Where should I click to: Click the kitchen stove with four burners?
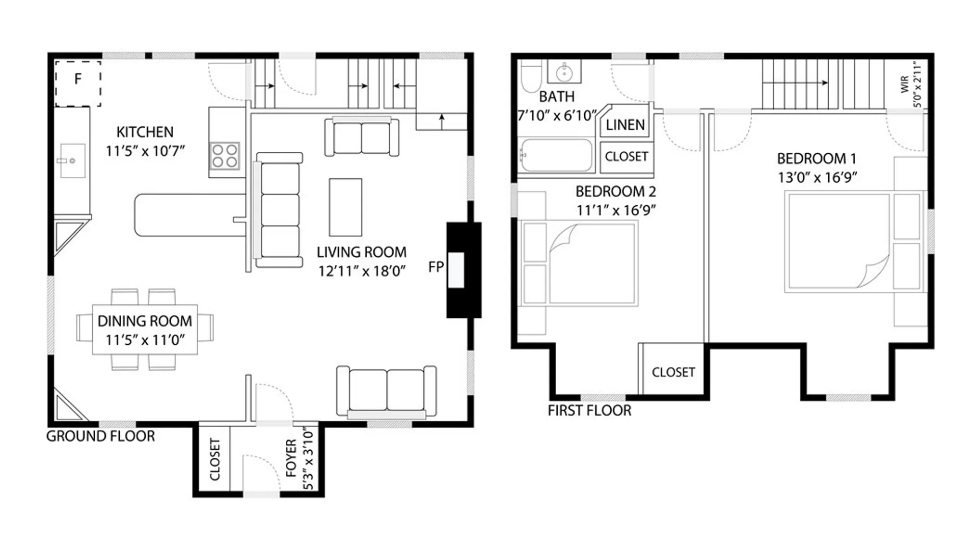pyautogui.click(x=225, y=156)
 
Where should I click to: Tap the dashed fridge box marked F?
pyautogui.click(x=78, y=84)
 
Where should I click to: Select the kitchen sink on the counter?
pyautogui.click(x=73, y=161)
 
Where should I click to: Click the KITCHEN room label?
pyautogui.click(x=145, y=132)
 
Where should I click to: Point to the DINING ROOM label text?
pyautogui.click(x=145, y=321)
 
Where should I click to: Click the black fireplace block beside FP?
pyautogui.click(x=464, y=270)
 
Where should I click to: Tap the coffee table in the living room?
pyautogui.click(x=345, y=207)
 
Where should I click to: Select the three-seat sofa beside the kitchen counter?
pyautogui.click(x=278, y=210)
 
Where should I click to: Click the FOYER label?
pyautogui.click(x=291, y=458)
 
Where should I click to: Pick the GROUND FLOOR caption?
pyautogui.click(x=100, y=436)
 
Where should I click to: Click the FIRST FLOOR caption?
pyautogui.click(x=589, y=410)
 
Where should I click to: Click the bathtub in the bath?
pyautogui.click(x=556, y=155)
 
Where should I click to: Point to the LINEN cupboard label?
pyautogui.click(x=625, y=125)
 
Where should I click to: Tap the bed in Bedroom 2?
pyautogui.click(x=579, y=263)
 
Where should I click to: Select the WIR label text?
pyautogui.click(x=905, y=84)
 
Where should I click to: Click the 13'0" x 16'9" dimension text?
pyautogui.click(x=817, y=177)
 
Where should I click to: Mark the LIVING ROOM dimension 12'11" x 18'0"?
pyautogui.click(x=362, y=271)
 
